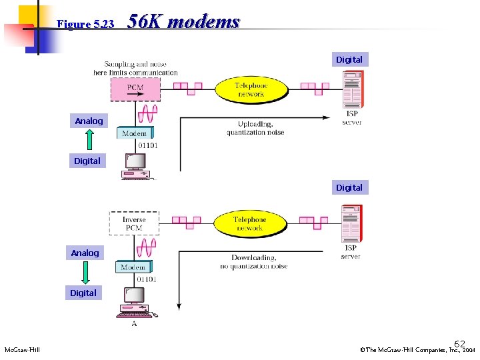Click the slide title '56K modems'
[x=183, y=22]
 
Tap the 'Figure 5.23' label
[x=86, y=24]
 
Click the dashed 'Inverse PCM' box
[x=134, y=223]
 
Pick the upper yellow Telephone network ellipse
[x=251, y=89]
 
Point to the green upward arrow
[x=90, y=141]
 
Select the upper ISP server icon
[x=351, y=89]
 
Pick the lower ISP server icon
[x=351, y=223]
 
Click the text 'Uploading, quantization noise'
[x=255, y=128]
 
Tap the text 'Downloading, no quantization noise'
[x=254, y=262]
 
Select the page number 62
[x=459, y=343]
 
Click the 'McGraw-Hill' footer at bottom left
[x=22, y=350]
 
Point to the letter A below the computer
[x=134, y=323]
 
